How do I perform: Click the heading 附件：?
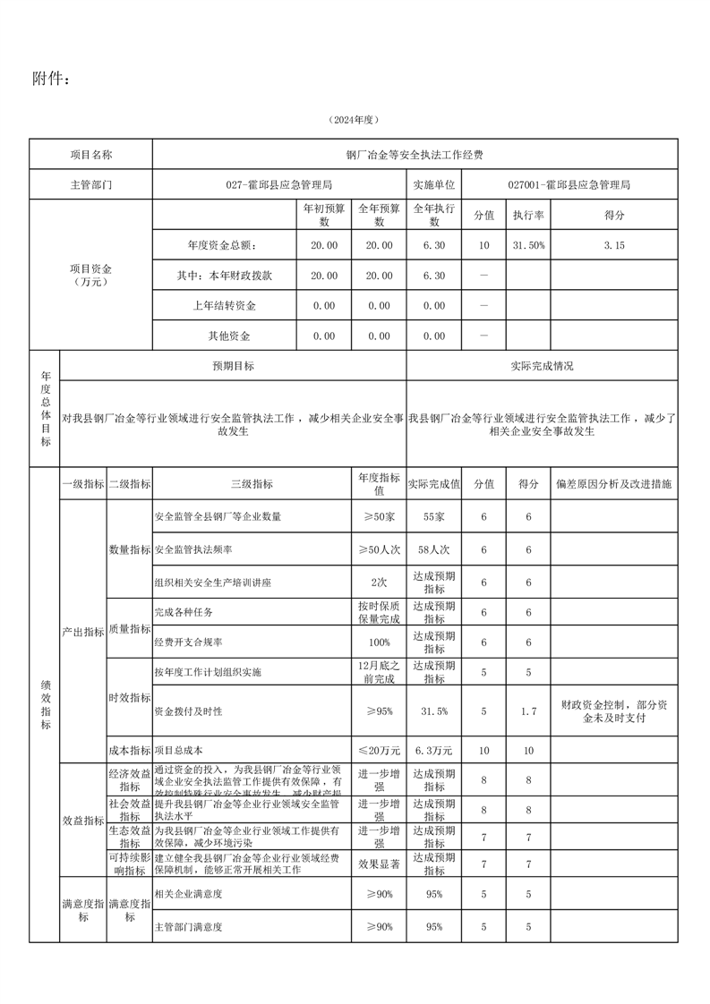[x=50, y=79]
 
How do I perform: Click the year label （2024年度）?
[x=355, y=120]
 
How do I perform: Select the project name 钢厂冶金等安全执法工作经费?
[x=415, y=155]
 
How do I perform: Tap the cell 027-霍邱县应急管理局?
[x=279, y=185]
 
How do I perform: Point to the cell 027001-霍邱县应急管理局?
[x=569, y=185]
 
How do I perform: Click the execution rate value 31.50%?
[x=528, y=245]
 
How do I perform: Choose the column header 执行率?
[x=528, y=216]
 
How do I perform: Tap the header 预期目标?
[x=233, y=366]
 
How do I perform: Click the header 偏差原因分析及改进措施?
[x=613, y=484]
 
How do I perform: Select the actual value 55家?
[x=434, y=517]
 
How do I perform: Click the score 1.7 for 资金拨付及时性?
[x=528, y=711]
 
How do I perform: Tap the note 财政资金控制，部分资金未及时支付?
[x=613, y=711]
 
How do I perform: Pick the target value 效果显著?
[x=379, y=864]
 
